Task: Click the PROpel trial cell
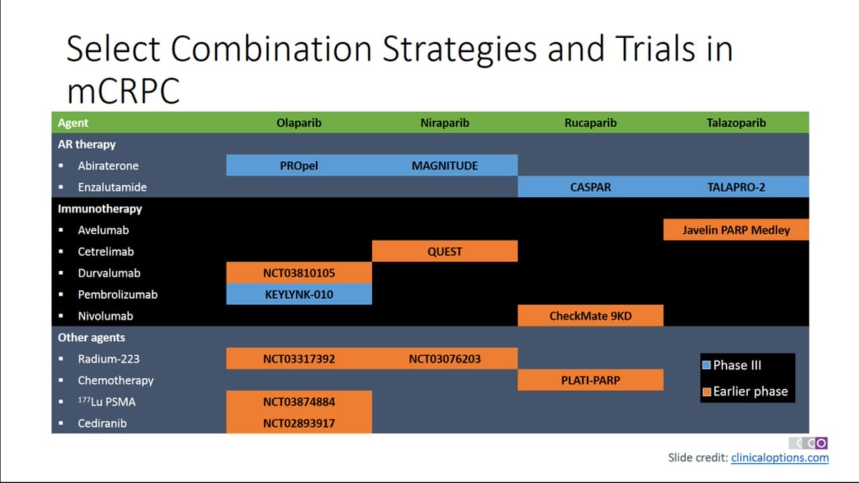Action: pos(299,166)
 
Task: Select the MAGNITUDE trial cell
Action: pos(445,166)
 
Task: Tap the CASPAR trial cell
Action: pos(591,187)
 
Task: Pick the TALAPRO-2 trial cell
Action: pos(736,187)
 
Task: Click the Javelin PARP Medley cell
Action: pos(736,230)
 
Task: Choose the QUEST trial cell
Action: pos(445,252)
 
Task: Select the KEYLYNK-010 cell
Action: pos(299,294)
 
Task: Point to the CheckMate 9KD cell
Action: pos(591,316)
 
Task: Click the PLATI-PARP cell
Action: pos(591,380)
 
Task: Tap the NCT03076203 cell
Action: pos(445,359)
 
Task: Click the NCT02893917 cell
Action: pos(299,423)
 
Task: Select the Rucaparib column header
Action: pos(591,123)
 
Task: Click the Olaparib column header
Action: pos(299,123)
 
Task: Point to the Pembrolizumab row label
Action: pos(117,294)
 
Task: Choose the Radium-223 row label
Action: pos(109,359)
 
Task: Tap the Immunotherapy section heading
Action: pos(100,209)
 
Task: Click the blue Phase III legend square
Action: pos(707,365)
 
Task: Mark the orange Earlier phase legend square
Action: pos(707,392)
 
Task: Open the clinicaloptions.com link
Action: pos(780,458)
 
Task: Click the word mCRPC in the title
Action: pos(123,91)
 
